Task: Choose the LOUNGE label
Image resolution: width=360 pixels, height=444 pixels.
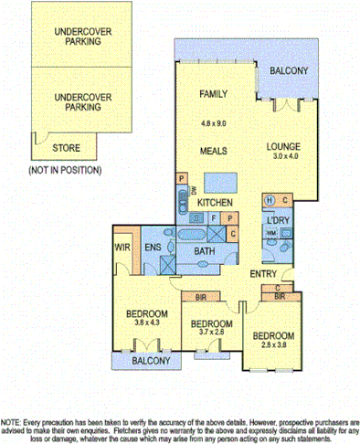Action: (284, 145)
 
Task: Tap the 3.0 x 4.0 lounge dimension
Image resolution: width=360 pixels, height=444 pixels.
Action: (284, 157)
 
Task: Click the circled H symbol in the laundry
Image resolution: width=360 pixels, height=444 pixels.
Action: (270, 200)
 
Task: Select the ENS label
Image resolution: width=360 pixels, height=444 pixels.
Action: (153, 247)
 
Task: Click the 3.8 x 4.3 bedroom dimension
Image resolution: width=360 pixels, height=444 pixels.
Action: (143, 322)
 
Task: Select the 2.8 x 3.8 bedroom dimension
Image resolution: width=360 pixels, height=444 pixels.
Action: (273, 344)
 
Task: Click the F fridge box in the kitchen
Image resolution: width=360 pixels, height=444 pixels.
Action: (214, 218)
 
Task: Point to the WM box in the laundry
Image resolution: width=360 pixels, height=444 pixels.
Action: (270, 236)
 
